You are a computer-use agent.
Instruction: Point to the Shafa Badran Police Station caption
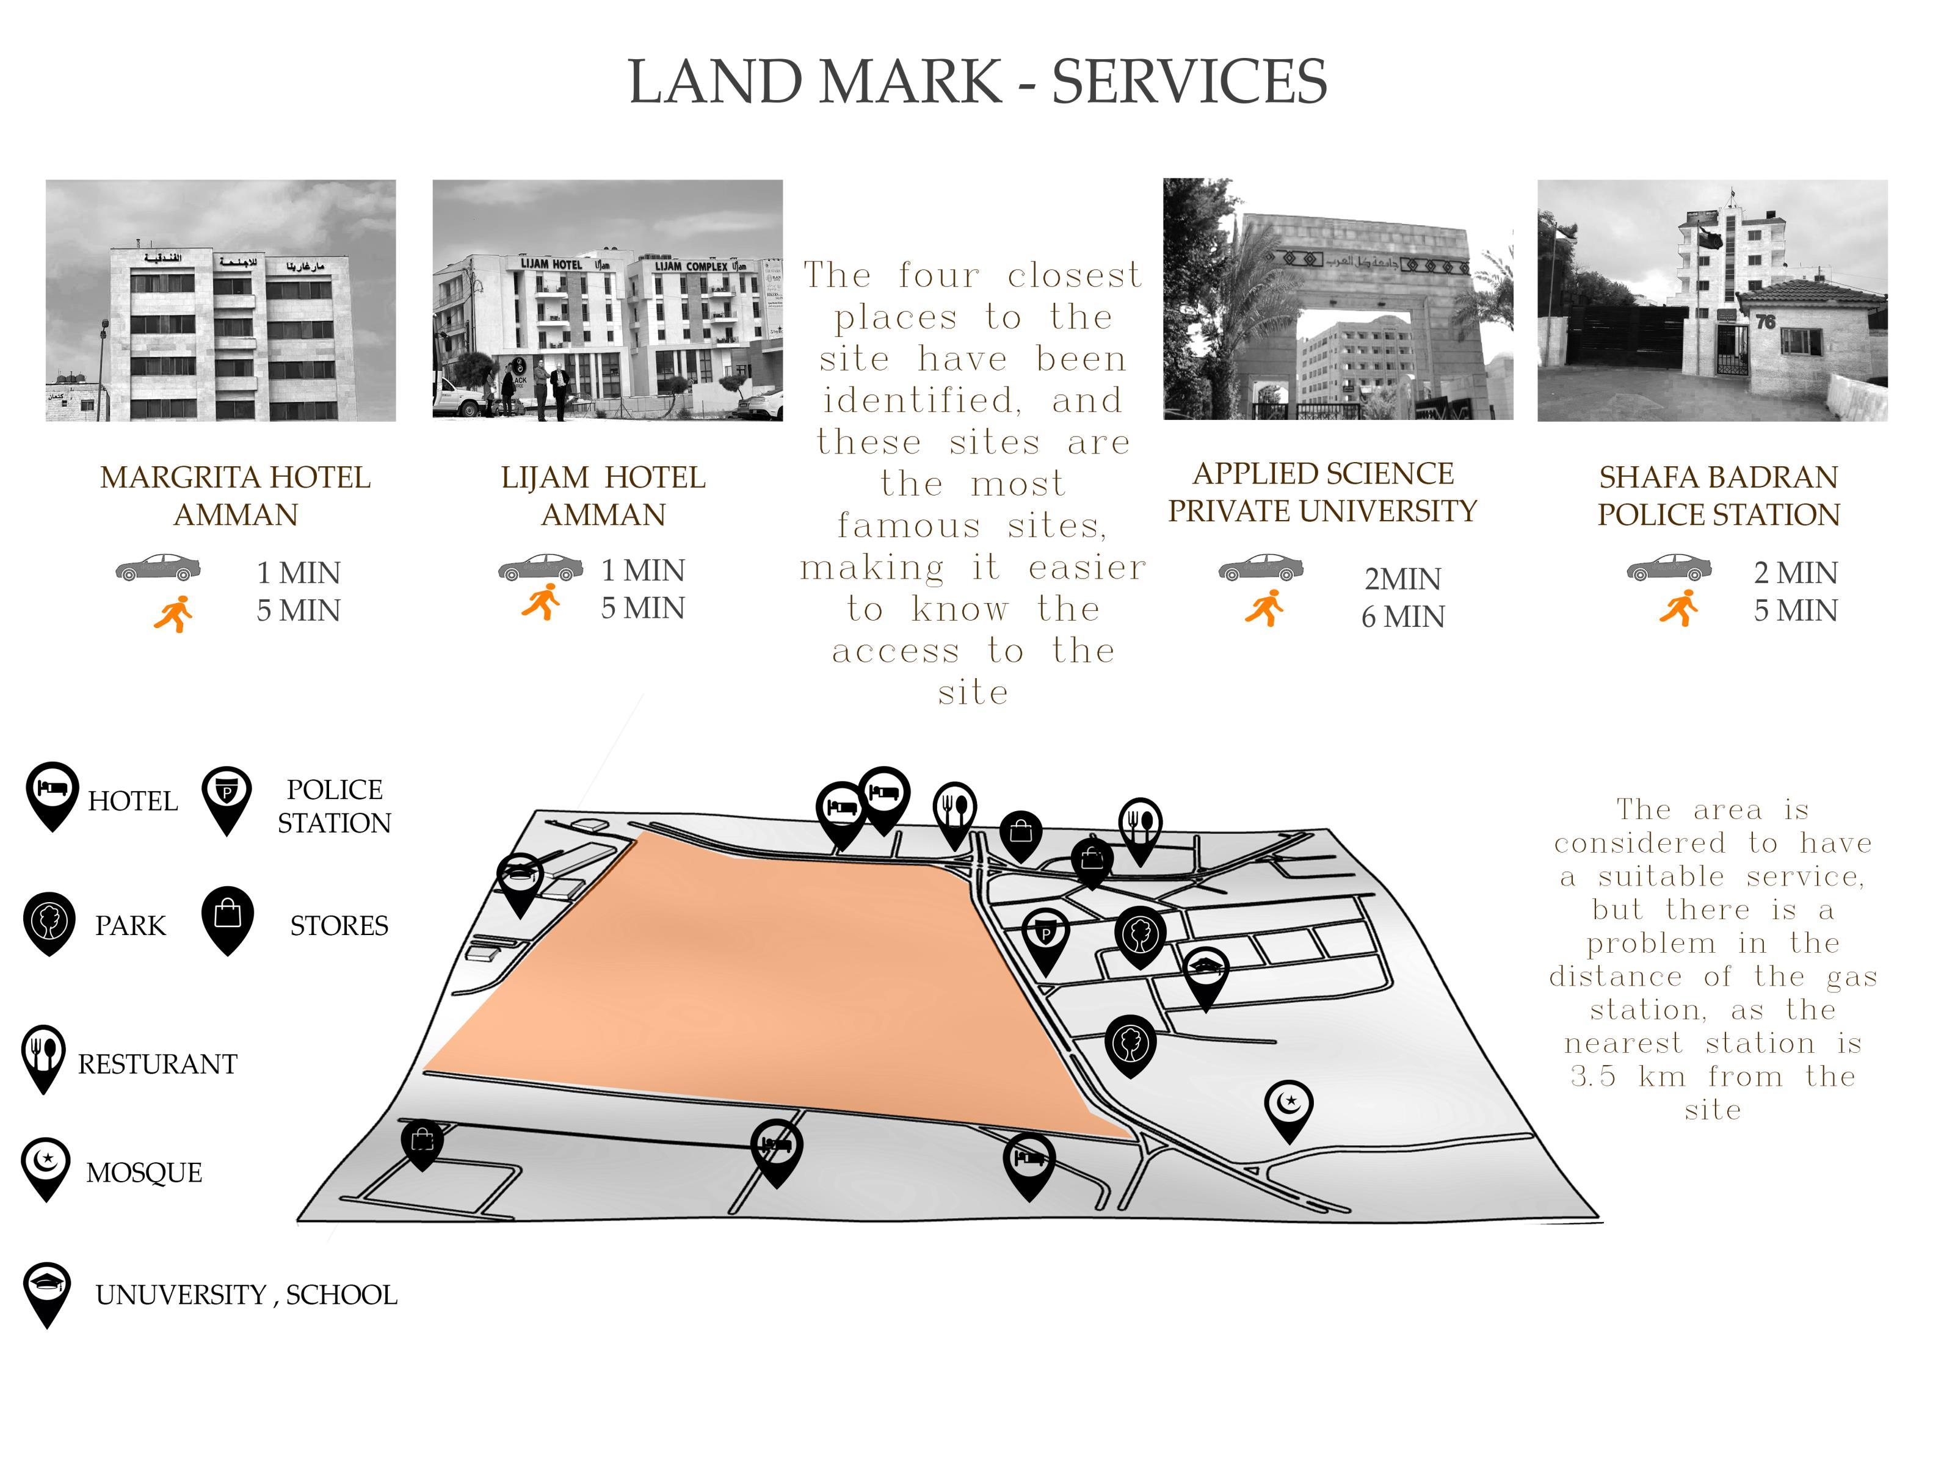[1717, 496]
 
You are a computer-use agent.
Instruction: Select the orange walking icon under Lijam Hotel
[541, 602]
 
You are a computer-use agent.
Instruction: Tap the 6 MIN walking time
[1402, 616]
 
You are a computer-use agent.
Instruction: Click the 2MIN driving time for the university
[1402, 579]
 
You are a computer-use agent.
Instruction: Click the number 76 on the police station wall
[1765, 322]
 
